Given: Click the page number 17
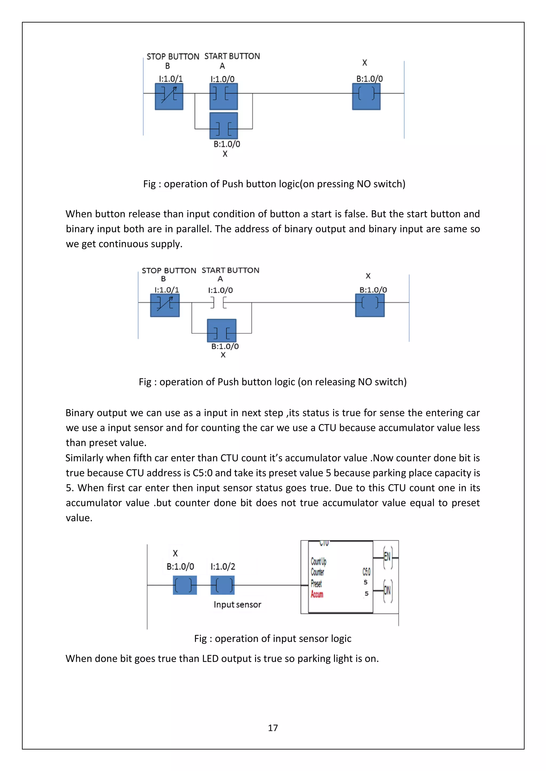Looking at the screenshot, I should tap(273, 728).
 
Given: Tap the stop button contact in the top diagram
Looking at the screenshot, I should tap(169, 96).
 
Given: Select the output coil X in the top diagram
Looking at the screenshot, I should tap(366, 96).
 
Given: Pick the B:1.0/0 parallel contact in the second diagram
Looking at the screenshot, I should tap(222, 331).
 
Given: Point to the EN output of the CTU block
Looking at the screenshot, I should tap(387, 557).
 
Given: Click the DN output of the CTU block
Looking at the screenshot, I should tap(387, 590).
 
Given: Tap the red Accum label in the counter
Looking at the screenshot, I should tap(317, 594).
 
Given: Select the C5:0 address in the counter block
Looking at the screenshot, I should tap(366, 572).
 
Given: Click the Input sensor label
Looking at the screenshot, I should tap(237, 604).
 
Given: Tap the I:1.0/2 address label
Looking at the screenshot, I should tap(223, 567).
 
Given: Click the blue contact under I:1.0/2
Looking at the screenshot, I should tap(223, 585).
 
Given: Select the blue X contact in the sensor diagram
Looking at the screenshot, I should tap(184, 585).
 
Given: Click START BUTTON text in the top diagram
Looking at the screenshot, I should tap(232, 56).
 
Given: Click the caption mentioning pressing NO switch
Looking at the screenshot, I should tap(274, 184).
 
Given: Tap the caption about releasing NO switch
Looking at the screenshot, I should tap(273, 382).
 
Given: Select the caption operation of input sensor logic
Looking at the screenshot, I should tap(273, 638).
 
